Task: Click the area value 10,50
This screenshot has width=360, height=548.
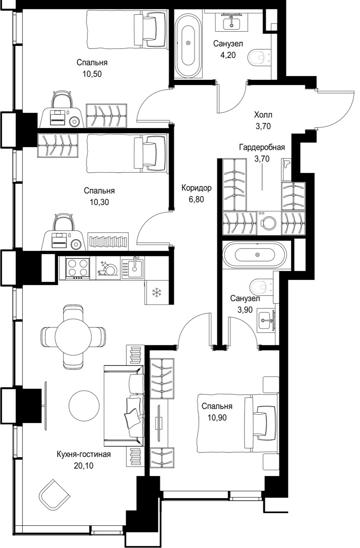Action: pos(92,74)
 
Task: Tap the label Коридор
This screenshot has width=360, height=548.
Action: pos(196,188)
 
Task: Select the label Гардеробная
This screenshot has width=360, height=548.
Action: pos(262,147)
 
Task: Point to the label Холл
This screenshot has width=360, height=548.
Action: pos(263,114)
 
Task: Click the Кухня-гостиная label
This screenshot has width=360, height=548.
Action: pos(84,454)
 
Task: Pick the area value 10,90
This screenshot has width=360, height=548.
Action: pos(217,418)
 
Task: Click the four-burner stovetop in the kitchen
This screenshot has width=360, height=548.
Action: pos(78,268)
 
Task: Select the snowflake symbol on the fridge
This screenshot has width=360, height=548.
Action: pos(156,293)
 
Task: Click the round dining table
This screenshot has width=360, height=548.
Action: pos(73,337)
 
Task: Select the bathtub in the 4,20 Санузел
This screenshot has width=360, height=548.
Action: pos(188,43)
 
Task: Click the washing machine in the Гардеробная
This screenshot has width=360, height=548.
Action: pos(269,222)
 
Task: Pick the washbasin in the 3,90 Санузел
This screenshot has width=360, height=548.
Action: pos(266,320)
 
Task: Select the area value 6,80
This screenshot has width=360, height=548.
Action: pos(196,199)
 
